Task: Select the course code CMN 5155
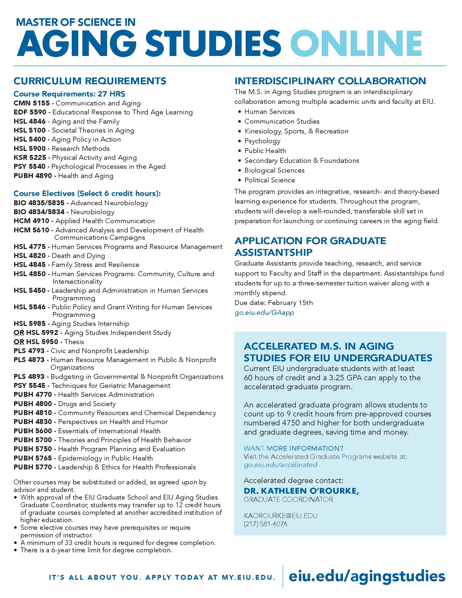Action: [x=32, y=103]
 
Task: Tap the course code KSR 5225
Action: [x=30, y=158]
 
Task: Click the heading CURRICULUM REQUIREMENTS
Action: [x=90, y=81]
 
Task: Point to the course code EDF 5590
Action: [x=30, y=112]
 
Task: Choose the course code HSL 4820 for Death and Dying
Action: [x=30, y=256]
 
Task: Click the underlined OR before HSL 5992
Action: [x=19, y=333]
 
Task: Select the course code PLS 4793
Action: [x=29, y=351]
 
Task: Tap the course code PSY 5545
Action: [x=30, y=386]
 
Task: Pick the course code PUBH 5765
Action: [x=33, y=458]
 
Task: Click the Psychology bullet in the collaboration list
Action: [x=262, y=141]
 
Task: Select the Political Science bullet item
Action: [x=270, y=180]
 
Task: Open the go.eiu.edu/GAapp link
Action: [x=264, y=313]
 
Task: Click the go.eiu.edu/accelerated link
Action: [x=280, y=465]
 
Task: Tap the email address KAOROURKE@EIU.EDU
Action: [x=280, y=516]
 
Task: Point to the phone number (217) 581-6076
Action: [x=266, y=524]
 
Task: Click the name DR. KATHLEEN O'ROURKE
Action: [x=301, y=491]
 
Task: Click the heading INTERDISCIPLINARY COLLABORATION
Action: [x=330, y=81]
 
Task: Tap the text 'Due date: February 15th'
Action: [x=273, y=303]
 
